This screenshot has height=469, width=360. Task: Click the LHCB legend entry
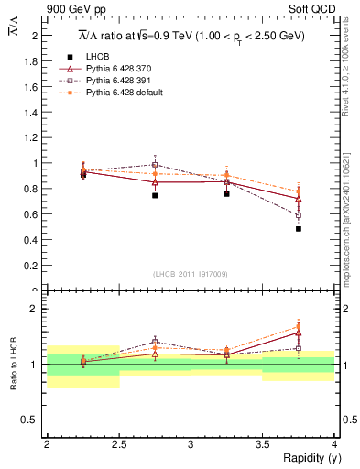[x=95, y=58]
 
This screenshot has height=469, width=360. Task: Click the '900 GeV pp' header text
[x=75, y=10]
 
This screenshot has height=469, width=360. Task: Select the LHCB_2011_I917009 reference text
[x=190, y=274]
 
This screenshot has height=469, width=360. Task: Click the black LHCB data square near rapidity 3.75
[x=299, y=229]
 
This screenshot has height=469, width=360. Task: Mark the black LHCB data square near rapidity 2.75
[x=155, y=195]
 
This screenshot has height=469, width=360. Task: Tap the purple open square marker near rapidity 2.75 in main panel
[x=155, y=165]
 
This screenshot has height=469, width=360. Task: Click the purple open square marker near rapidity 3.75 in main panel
[x=299, y=215]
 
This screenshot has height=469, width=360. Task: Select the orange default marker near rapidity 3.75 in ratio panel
[x=299, y=326]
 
